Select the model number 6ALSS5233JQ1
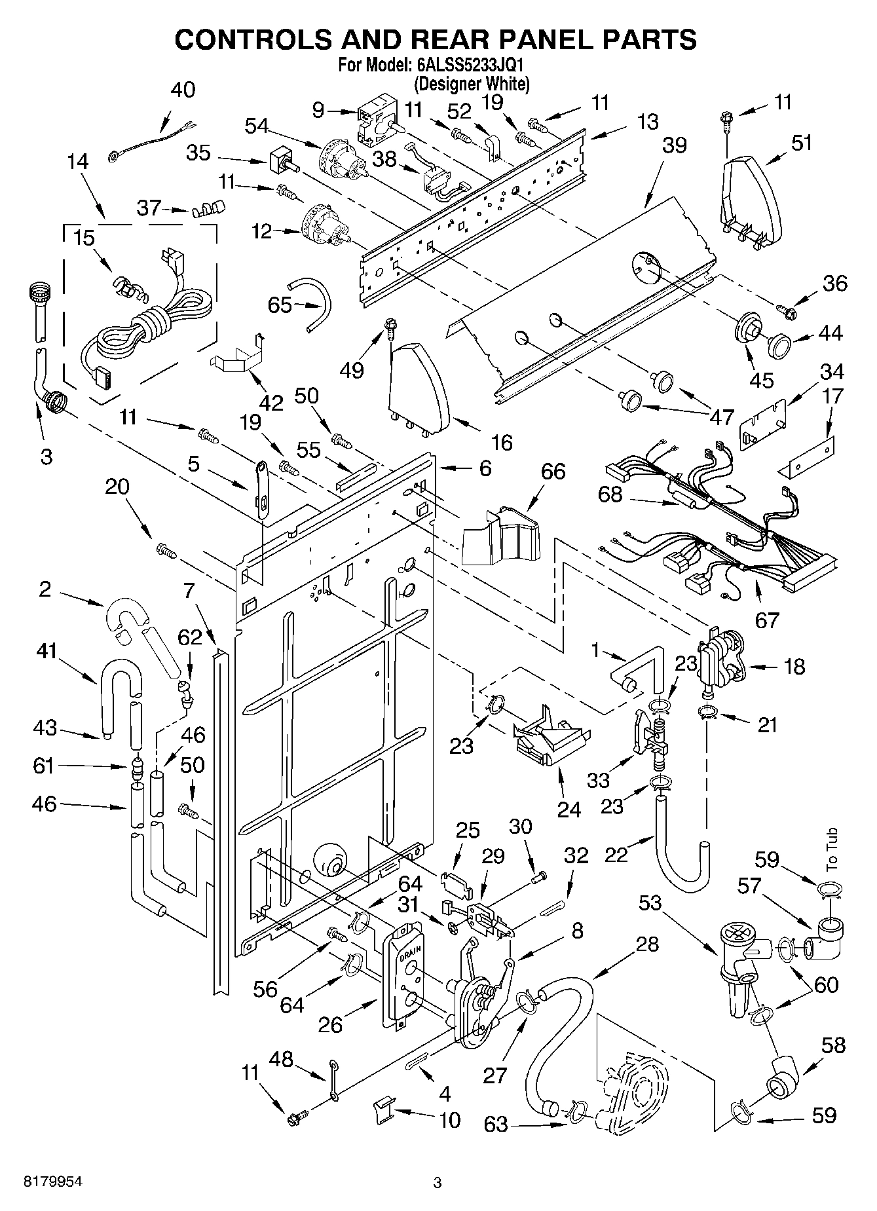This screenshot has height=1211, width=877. [470, 66]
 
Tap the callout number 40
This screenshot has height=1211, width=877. [183, 89]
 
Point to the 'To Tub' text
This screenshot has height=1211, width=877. [832, 849]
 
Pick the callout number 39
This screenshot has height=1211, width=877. [674, 145]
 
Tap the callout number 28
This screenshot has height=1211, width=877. [646, 944]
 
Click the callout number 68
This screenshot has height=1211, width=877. [610, 494]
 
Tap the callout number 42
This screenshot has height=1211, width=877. [271, 403]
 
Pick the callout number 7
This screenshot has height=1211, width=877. [189, 591]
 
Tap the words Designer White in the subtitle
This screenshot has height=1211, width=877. [471, 83]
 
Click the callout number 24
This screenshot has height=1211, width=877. [569, 810]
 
